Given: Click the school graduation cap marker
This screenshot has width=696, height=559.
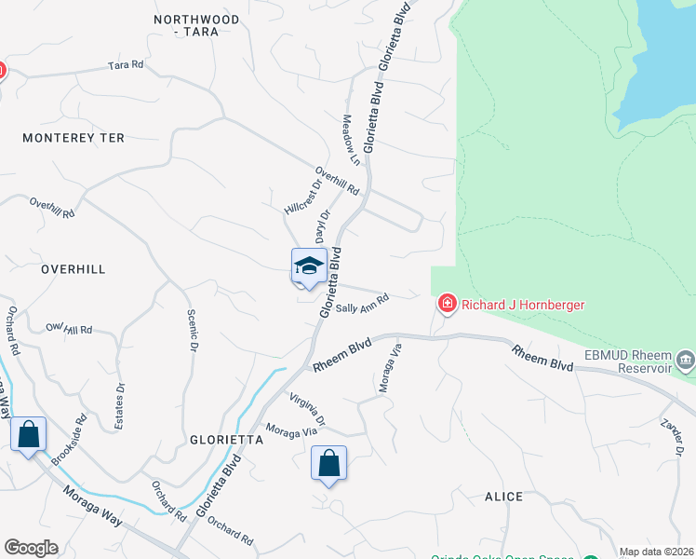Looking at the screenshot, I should [309, 268].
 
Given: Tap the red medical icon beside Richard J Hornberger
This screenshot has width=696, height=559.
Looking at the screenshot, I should [447, 304].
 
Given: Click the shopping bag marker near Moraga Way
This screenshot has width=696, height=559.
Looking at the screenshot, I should [29, 434].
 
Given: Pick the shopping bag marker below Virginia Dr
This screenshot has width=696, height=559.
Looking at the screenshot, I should [328, 463].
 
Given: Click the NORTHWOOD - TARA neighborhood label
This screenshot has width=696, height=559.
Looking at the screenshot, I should [196, 25].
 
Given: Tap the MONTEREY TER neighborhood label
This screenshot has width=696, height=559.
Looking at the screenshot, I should [74, 138].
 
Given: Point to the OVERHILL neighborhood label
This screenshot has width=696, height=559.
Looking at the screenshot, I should [74, 269].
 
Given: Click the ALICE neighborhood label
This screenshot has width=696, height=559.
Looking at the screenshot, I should [503, 497].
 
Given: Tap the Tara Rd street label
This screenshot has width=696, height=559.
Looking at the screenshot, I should [126, 65].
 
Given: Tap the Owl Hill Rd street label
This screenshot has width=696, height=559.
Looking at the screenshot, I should [70, 329].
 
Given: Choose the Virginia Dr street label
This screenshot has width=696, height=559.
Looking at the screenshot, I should [306, 408].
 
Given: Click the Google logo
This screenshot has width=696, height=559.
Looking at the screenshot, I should [31, 548].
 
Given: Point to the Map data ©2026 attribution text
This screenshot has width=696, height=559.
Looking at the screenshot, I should [656, 552].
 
